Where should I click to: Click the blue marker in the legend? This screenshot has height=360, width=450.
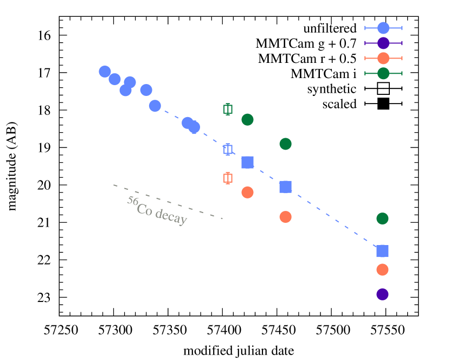[383, 28]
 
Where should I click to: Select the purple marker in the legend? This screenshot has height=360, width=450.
[383, 43]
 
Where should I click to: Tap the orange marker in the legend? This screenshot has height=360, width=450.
[383, 59]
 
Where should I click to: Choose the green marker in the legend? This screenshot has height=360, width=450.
[383, 73]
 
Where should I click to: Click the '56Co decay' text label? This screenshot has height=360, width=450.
[157, 210]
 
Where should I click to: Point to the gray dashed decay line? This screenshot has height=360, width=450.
[168, 202]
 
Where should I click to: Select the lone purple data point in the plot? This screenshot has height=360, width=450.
[382, 294]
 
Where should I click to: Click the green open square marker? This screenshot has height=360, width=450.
[228, 110]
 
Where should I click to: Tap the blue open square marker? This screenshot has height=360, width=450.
[228, 149]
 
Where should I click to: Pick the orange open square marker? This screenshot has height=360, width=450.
[228, 178]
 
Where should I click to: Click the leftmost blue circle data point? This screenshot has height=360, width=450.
[105, 72]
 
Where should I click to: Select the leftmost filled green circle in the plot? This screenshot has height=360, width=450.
[247, 119]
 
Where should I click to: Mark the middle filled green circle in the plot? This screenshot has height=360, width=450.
[285, 144]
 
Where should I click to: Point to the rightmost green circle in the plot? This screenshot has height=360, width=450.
[382, 218]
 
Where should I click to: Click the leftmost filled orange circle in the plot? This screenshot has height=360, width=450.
[247, 192]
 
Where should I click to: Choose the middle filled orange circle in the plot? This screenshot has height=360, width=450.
[285, 217]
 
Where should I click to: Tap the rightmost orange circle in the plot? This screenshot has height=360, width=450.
[382, 269]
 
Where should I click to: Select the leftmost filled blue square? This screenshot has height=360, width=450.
[247, 162]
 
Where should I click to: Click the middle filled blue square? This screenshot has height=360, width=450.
[285, 187]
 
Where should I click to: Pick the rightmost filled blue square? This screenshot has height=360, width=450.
[382, 250]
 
